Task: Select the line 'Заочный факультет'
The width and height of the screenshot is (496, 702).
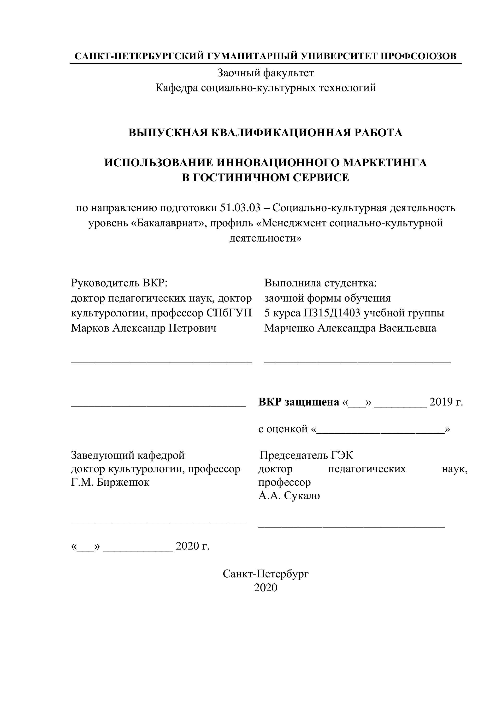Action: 266,73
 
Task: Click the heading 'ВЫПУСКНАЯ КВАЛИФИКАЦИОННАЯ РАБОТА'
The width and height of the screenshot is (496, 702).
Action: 266,133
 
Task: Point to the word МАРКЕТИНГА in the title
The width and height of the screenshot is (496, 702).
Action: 385,163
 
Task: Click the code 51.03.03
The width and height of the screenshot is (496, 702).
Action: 240,208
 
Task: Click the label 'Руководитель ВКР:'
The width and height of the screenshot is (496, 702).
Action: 119,283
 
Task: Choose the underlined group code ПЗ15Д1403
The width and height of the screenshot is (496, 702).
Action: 332,313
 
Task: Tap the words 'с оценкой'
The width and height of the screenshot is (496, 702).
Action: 283,429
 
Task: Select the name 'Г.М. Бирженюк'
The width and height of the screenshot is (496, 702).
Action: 110,483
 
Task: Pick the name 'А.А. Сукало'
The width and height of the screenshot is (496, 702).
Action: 289,496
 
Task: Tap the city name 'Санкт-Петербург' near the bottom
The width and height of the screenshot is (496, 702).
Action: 266,574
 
